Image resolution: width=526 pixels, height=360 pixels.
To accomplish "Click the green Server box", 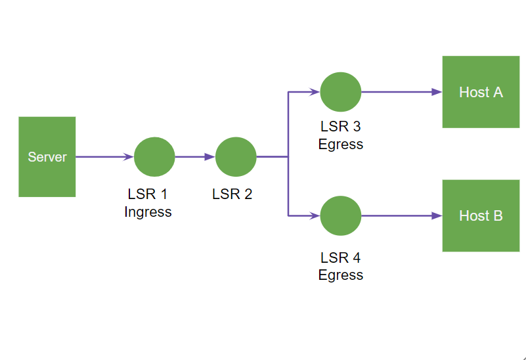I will pyautogui.click(x=47, y=157).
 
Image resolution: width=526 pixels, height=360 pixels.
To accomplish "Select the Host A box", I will pyautogui.click(x=481, y=92).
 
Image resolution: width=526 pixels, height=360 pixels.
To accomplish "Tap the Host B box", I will pyautogui.click(x=481, y=215).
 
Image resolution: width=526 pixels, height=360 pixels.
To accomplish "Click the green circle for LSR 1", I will pyautogui.click(x=154, y=157).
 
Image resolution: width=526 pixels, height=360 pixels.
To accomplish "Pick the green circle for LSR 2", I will pyautogui.click(x=236, y=157).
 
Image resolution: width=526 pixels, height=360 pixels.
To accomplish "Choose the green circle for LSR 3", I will pyautogui.click(x=341, y=92).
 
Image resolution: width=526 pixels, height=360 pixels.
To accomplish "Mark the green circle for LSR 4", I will pyautogui.click(x=341, y=215).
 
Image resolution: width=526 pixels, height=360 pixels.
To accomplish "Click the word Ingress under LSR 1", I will pyautogui.click(x=148, y=212).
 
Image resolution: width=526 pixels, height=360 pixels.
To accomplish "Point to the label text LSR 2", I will pyautogui.click(x=232, y=194).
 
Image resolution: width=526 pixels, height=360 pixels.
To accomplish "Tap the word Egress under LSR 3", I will pyautogui.click(x=340, y=145).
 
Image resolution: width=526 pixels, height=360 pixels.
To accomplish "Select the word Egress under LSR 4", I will pyautogui.click(x=340, y=275).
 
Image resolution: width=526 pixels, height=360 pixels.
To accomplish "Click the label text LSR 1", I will pyautogui.click(x=148, y=194).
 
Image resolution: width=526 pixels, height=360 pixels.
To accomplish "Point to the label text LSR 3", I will pyautogui.click(x=340, y=127).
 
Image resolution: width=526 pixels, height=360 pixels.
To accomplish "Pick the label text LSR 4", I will pyautogui.click(x=340, y=258).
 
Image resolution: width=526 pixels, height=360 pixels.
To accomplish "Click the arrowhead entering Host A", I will pyautogui.click(x=437, y=92).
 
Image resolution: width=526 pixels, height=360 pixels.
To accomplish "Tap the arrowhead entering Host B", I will pyautogui.click(x=437, y=215).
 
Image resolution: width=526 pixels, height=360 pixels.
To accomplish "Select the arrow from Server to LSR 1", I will pyautogui.click(x=105, y=157).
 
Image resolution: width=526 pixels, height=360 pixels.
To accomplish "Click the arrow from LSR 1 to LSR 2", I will pyautogui.click(x=195, y=157).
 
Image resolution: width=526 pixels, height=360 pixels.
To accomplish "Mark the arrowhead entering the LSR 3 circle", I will pyautogui.click(x=315, y=92).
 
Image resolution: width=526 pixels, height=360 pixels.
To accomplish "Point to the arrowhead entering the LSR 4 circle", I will pyautogui.click(x=315, y=215).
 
